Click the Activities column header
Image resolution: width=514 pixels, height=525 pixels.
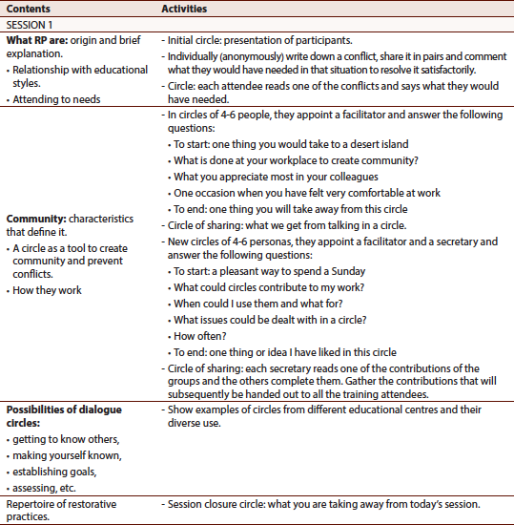pos(187,9)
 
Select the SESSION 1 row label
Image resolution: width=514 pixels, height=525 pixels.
pos(32,25)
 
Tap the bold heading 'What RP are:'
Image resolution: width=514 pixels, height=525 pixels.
pos(39,40)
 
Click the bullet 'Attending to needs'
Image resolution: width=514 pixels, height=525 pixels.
pos(58,97)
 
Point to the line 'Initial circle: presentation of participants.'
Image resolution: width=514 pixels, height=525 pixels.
pos(258,40)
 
